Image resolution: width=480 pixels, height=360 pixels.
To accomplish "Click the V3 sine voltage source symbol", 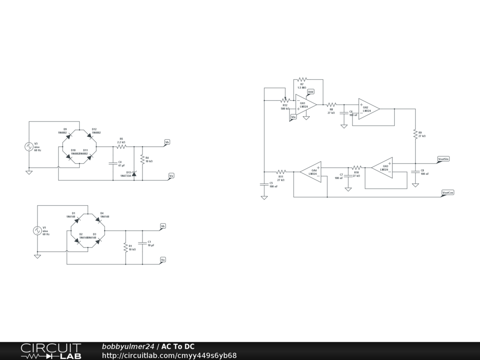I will point(29,147).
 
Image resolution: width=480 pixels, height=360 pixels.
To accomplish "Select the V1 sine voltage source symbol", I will point(37,230).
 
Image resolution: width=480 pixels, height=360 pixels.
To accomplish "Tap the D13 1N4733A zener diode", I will point(134,174).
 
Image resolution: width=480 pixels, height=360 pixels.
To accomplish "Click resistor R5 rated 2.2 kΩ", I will point(122,146).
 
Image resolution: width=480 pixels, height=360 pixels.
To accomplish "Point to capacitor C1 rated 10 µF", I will point(142,244).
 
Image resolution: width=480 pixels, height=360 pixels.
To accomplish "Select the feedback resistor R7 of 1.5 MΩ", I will point(302,80).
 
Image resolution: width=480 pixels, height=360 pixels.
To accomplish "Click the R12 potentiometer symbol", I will point(285,100).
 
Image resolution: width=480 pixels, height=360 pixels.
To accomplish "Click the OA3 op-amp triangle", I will point(382,167).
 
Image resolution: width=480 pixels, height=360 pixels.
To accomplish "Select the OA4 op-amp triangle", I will point(311,172).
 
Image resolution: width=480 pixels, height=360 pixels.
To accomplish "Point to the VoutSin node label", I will point(443,159).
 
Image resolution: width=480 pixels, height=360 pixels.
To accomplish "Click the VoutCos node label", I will point(448,193).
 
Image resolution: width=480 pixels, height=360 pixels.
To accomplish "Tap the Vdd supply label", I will point(311,92).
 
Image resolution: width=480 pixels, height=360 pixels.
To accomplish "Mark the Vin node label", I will point(293,117).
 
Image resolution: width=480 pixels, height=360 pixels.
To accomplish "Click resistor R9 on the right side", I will point(415,134).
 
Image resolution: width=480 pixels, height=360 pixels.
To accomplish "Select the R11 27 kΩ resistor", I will point(281,172).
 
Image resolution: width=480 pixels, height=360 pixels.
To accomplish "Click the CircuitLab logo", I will point(51,351).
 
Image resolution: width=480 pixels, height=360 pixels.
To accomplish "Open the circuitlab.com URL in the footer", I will point(169,355).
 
